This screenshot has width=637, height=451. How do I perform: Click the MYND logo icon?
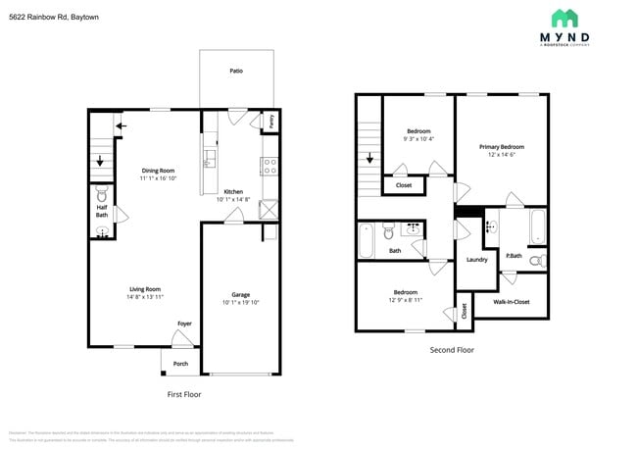pyautogui.click(x=564, y=18)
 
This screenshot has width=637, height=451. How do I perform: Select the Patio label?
pyautogui.click(x=236, y=71)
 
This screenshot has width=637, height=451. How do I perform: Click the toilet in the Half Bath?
pyautogui.click(x=103, y=195)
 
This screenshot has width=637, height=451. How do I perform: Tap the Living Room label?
pyautogui.click(x=145, y=288)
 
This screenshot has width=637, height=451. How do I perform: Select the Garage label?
pyautogui.click(x=240, y=294)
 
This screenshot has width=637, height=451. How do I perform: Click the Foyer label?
pyautogui.click(x=184, y=323)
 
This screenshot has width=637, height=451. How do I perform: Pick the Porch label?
pyautogui.click(x=180, y=364)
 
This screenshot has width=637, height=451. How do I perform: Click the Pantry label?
pyautogui.click(x=271, y=121)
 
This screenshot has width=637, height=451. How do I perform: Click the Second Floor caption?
pyautogui.click(x=452, y=349)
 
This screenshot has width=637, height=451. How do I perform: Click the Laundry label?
pyautogui.click(x=477, y=260)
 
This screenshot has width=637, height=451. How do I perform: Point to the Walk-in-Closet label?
pyautogui.click(x=511, y=302)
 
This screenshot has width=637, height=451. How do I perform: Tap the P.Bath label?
pyautogui.click(x=514, y=257)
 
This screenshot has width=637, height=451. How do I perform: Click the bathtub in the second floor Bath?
pyautogui.click(x=367, y=239)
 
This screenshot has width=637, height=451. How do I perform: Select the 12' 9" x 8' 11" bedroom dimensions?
pyautogui.click(x=406, y=301)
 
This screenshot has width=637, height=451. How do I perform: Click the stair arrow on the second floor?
pyautogui.click(x=369, y=158)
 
